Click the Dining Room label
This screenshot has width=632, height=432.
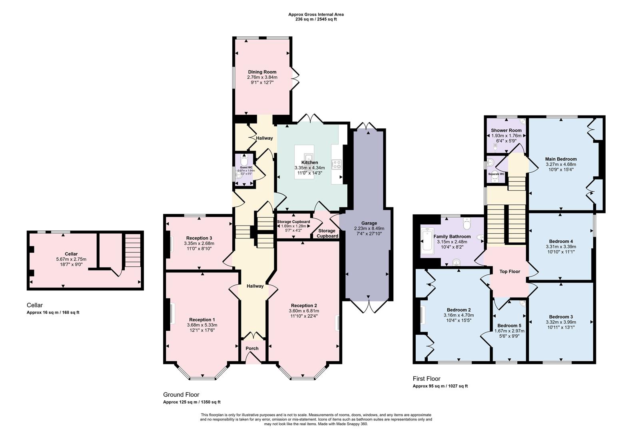click(262, 72)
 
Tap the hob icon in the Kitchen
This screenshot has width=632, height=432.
click(337, 164)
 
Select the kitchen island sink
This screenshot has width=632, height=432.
click(309, 156)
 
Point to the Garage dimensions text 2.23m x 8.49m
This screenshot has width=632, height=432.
click(369, 228)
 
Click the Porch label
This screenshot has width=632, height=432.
click(252, 348)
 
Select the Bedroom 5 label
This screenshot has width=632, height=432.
click(509, 325)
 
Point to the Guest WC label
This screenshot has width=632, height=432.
click(246, 167)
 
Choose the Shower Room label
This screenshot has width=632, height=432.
click(506, 130)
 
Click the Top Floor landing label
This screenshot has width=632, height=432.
click(510, 272)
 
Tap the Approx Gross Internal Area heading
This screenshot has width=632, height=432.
click(316, 14)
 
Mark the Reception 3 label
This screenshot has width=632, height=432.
click(199, 238)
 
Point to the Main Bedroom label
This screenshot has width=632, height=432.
click(561, 159)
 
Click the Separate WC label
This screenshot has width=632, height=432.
click(496, 174)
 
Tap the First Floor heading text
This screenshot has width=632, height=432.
click(427, 378)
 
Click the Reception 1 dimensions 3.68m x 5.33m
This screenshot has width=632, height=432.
click(202, 325)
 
